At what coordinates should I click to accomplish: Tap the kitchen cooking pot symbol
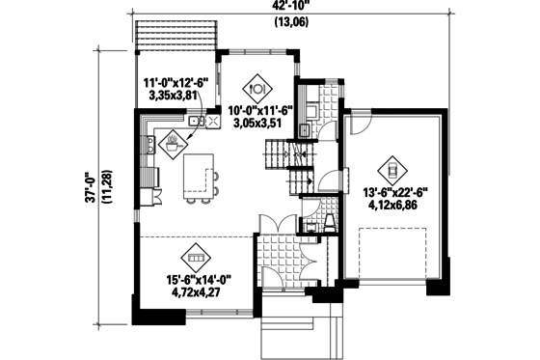point(172,148)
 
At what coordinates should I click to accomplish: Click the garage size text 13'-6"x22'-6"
point(391,194)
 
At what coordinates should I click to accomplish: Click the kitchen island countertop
point(200,175)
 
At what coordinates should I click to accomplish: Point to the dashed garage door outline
point(393,256)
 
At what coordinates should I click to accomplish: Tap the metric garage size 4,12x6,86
point(391,207)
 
